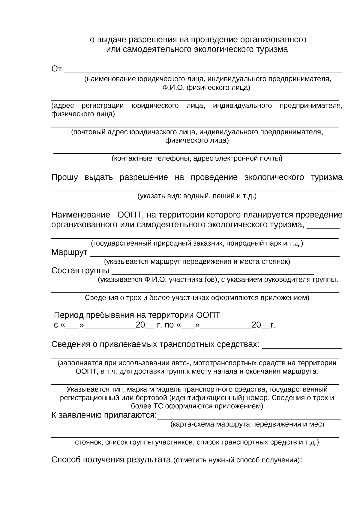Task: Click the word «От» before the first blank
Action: (x=57, y=69)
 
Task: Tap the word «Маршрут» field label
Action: (x=69, y=253)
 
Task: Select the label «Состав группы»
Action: (x=80, y=271)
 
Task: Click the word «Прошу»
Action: (x=64, y=177)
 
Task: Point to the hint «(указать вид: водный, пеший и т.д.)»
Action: (x=197, y=196)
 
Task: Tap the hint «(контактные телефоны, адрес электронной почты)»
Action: (x=197, y=158)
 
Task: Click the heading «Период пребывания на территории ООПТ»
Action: (x=137, y=315)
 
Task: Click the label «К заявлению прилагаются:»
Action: (x=104, y=415)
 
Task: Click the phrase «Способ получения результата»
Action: (x=111, y=460)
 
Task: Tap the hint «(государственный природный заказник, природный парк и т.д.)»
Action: (x=197, y=243)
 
